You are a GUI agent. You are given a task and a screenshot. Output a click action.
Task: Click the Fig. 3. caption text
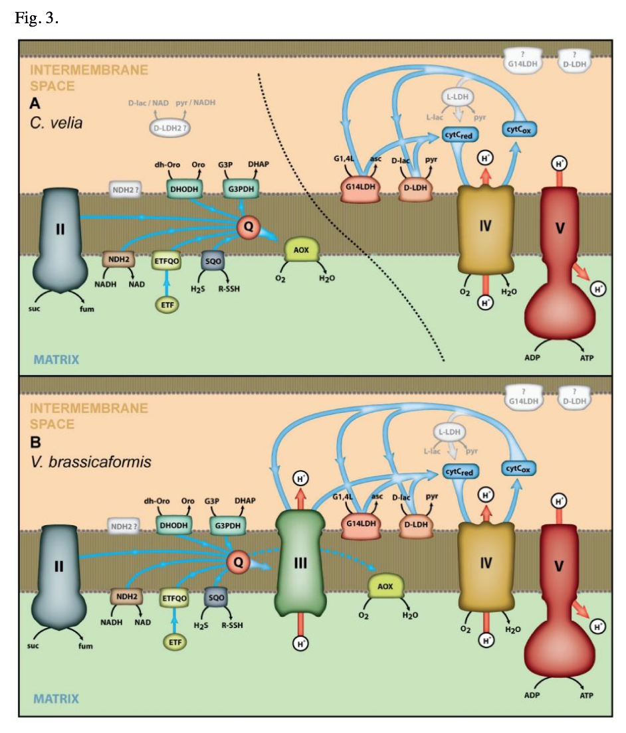(x=37, y=18)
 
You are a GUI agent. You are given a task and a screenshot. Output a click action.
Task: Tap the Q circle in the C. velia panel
(x=249, y=227)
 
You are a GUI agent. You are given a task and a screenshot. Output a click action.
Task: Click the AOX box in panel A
(x=302, y=250)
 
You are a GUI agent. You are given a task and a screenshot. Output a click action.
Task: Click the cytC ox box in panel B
(x=520, y=469)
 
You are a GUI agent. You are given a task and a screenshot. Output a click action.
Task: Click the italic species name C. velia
(x=56, y=122)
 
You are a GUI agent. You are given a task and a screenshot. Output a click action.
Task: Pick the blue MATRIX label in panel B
(x=56, y=698)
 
